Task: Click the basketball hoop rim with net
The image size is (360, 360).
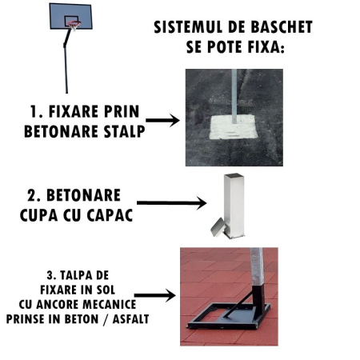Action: (74, 26)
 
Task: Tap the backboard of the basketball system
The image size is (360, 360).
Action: (70, 16)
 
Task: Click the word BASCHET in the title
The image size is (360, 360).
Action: (282, 27)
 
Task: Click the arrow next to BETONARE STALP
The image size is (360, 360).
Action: (162, 120)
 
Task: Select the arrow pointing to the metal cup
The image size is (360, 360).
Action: (171, 203)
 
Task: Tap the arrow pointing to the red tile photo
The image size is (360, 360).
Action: (155, 295)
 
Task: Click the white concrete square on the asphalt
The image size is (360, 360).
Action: (234, 127)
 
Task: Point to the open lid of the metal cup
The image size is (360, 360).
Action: (218, 227)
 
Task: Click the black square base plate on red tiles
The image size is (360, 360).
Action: (230, 316)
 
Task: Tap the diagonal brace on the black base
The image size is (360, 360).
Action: (238, 303)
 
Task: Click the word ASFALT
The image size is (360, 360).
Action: (130, 319)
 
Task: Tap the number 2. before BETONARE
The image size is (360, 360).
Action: (34, 195)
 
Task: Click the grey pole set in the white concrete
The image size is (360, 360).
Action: (234, 96)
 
